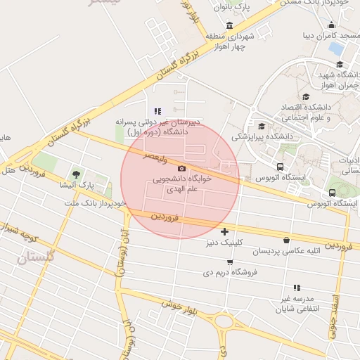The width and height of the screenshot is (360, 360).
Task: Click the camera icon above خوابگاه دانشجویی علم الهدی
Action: click(x=182, y=168)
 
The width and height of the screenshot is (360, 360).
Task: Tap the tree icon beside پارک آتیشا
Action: click(x=76, y=174)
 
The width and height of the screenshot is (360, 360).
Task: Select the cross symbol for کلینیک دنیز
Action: click(x=224, y=231)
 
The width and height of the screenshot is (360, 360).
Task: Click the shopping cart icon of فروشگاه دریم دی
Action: click(x=230, y=262)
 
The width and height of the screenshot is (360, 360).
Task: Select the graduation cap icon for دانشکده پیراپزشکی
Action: click(x=262, y=126)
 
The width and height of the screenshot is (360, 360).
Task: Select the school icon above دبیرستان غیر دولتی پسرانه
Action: click(x=158, y=110)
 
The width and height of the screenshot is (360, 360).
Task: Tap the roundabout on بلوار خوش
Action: click(x=224, y=321)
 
